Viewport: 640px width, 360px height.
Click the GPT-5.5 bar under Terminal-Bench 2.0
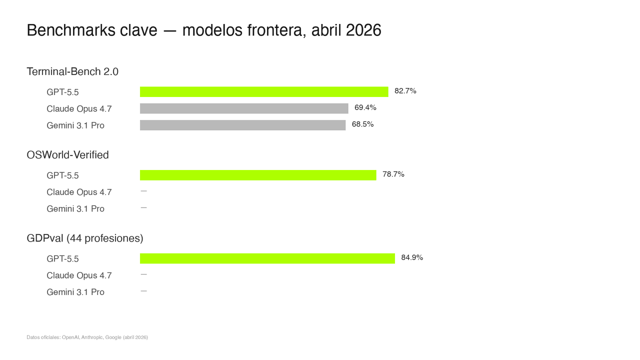264,91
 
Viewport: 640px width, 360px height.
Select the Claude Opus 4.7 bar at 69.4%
244,108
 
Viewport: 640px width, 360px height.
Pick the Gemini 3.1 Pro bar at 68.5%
242,125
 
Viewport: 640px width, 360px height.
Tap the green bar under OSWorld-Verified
258,175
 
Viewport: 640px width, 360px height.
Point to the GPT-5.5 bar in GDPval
267,258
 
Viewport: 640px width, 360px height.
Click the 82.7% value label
405,91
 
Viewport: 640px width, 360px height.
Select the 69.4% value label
365,107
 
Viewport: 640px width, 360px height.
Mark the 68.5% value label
362,124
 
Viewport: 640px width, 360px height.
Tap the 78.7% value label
393,174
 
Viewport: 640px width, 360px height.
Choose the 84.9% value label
412,257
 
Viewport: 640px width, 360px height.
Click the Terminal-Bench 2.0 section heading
72,71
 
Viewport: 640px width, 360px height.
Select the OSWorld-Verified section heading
67,155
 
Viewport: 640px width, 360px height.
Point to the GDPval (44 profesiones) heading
85,238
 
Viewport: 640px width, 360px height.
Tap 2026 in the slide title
363,30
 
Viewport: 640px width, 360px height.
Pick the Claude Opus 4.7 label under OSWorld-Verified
79,192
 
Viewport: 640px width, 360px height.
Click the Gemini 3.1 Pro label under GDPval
75,292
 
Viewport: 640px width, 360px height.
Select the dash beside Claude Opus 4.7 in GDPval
143,274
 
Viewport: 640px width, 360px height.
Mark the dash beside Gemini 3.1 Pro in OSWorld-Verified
143,207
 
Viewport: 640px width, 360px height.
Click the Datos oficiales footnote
87,337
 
